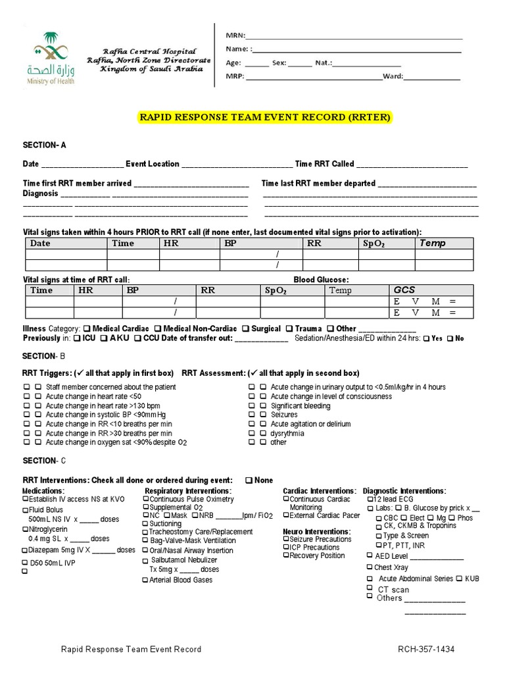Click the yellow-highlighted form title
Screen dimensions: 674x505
[x=265, y=117]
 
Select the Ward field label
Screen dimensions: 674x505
[x=393, y=76]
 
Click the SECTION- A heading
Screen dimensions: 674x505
[x=45, y=145]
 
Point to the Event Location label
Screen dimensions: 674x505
[x=153, y=164]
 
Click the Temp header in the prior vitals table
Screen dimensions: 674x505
[x=432, y=243]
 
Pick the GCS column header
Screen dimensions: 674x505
[x=404, y=290]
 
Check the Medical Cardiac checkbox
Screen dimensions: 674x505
[x=87, y=328]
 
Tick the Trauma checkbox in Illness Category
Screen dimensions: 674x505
[x=290, y=328]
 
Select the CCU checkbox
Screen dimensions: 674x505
[x=138, y=338]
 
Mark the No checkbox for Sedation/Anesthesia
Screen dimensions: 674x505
[x=450, y=338]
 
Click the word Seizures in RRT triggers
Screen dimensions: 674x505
[x=284, y=415]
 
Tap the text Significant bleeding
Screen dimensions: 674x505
[x=301, y=405]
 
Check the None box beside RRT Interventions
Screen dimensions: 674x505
[x=249, y=480]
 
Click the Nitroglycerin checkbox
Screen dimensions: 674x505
[x=26, y=529]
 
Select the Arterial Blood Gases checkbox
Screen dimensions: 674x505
[x=145, y=580]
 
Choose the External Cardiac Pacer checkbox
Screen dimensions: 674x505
[x=286, y=515]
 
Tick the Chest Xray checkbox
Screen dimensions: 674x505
[x=370, y=567]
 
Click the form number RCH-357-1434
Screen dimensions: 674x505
[x=426, y=650]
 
